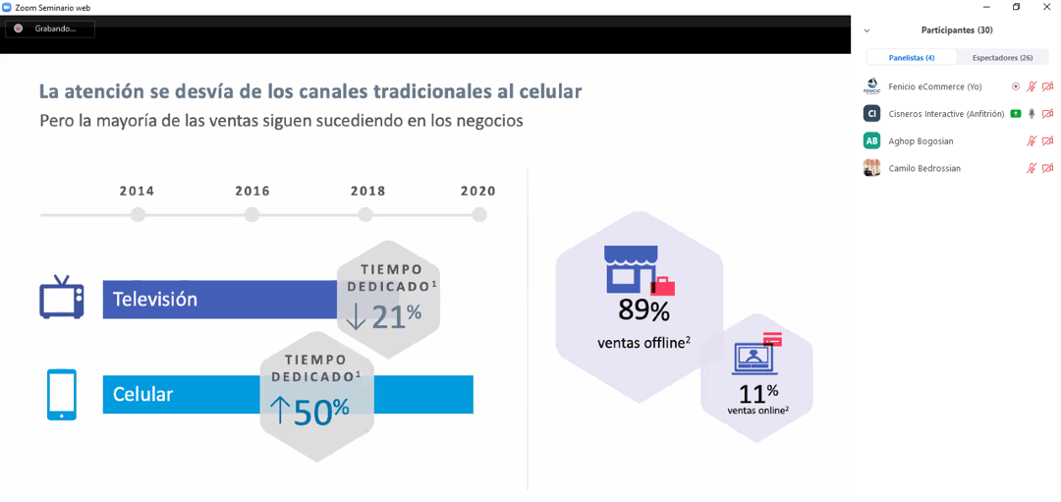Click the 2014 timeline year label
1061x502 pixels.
138,192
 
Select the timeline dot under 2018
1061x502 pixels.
365,214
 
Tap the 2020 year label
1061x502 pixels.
478,192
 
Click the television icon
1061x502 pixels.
61,297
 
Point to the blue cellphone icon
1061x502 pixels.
61,394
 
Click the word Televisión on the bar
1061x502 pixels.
155,300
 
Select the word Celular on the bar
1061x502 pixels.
143,395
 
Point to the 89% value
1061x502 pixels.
643,311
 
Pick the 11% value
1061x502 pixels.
757,394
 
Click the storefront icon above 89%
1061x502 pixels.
631,269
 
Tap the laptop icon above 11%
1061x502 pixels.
754,358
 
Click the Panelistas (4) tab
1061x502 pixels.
912,58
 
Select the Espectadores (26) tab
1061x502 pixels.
1002,58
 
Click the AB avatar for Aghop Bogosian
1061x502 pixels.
871,140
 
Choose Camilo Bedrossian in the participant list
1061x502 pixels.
924,168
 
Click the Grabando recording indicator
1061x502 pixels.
50,28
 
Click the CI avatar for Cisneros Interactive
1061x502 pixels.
871,114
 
